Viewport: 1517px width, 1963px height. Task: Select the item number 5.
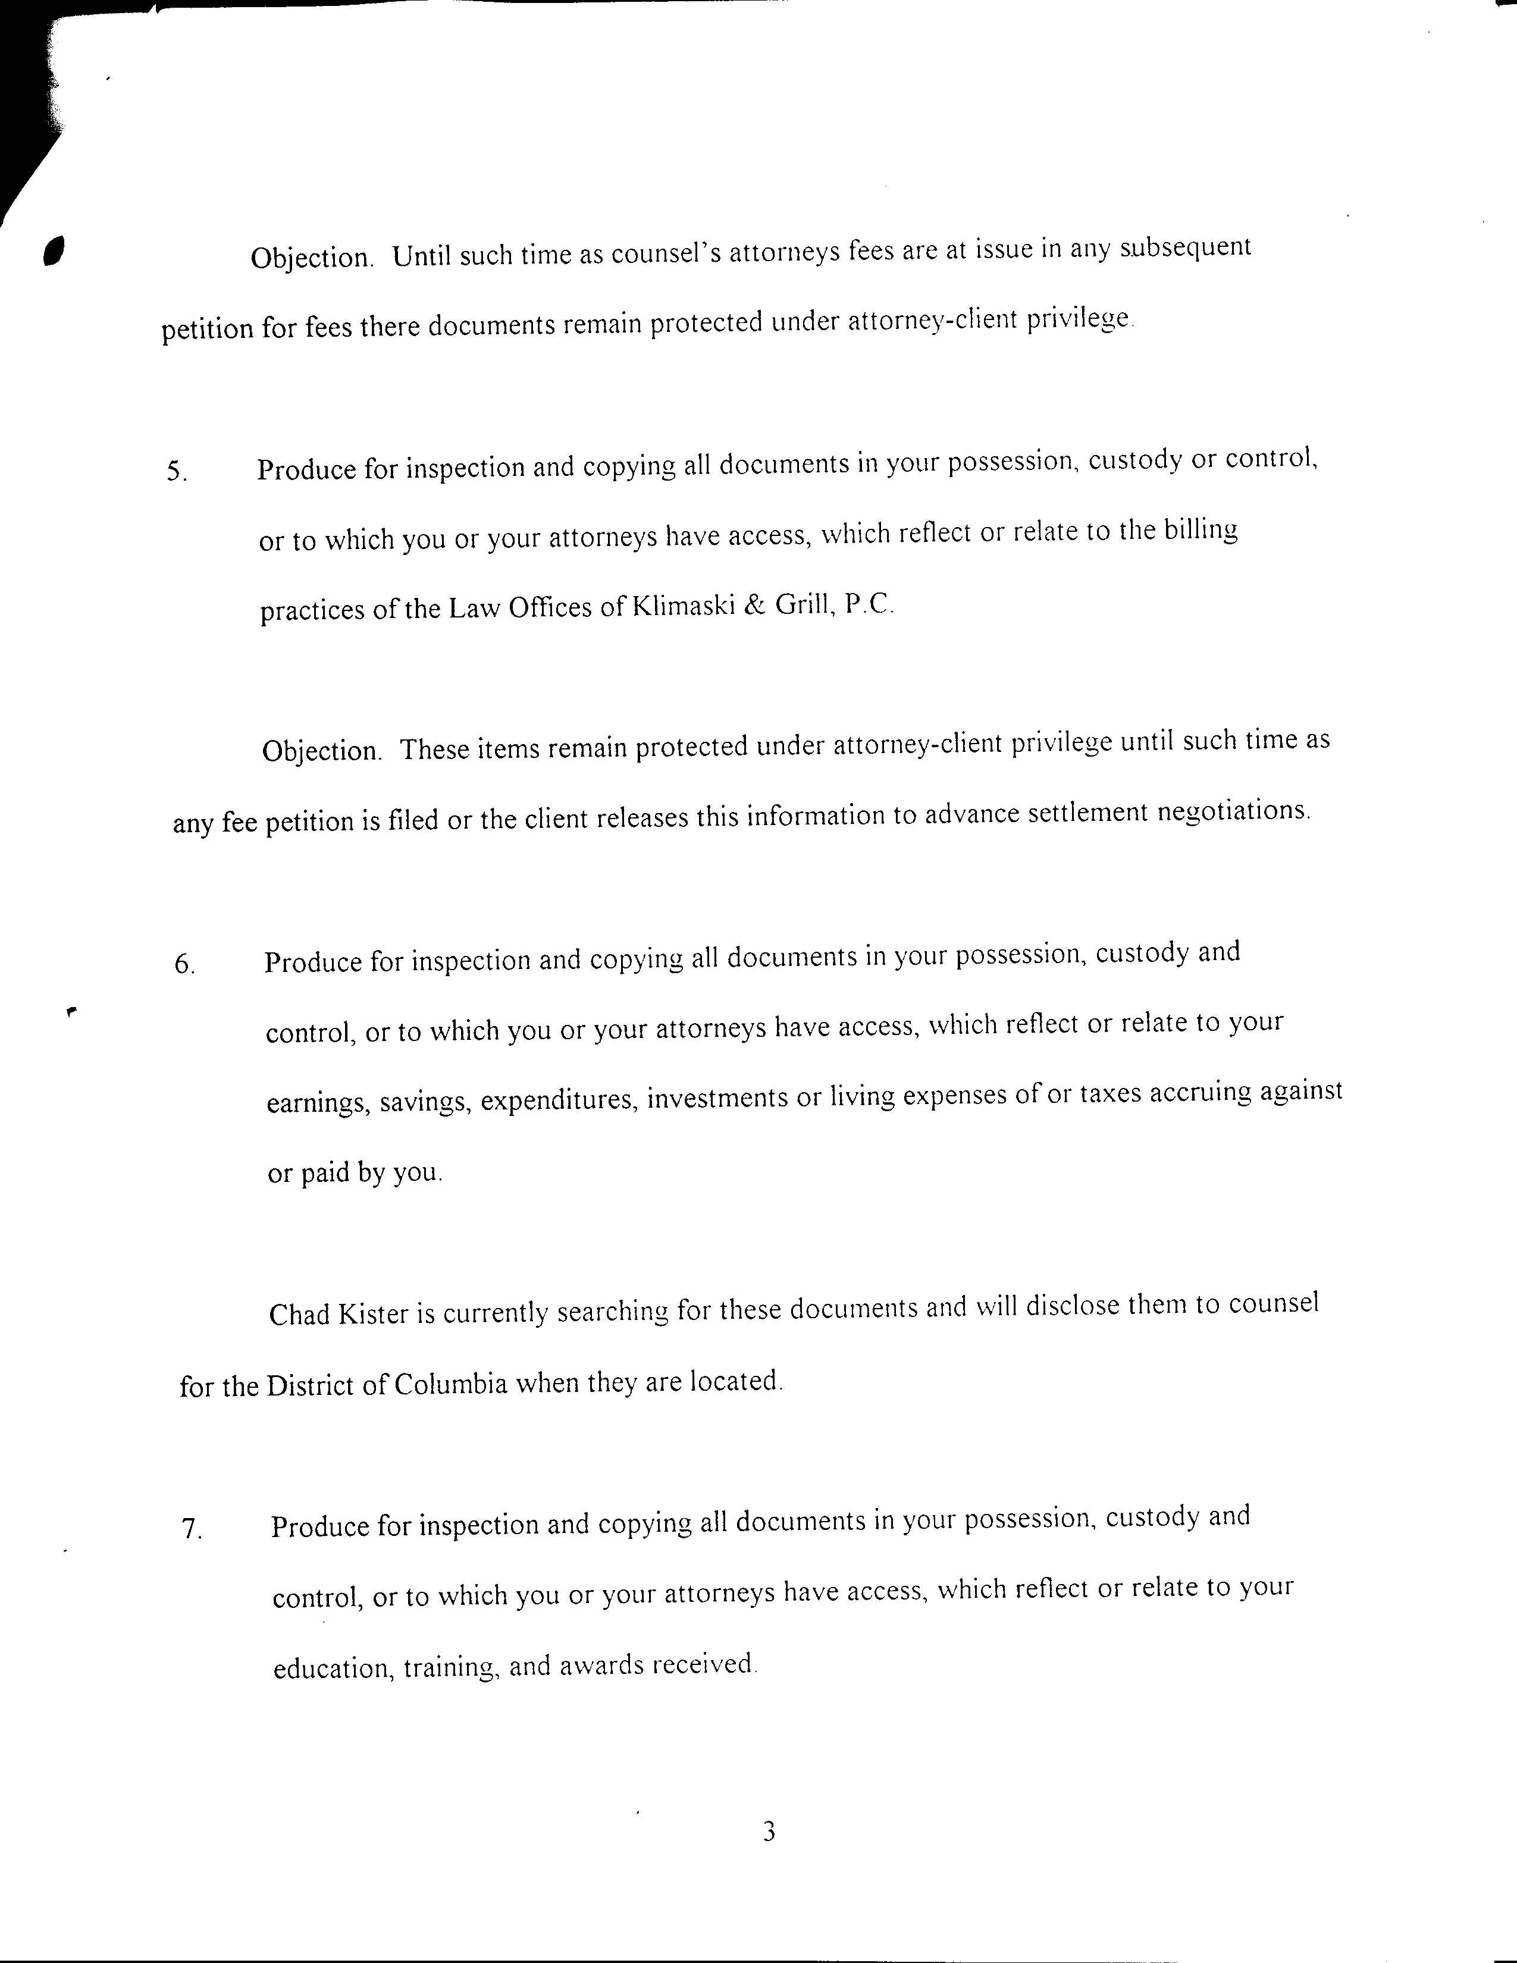(x=176, y=472)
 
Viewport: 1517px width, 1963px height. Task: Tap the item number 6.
(x=184, y=964)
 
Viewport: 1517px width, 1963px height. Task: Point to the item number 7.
(x=192, y=1529)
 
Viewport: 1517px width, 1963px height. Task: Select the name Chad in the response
(x=299, y=1315)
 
